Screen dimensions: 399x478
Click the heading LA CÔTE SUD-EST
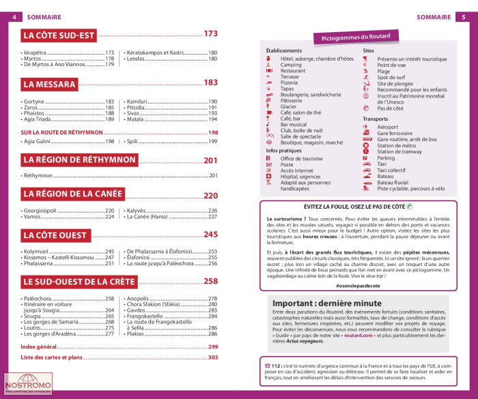tap(61, 34)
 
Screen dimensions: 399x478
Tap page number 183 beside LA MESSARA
tap(210, 83)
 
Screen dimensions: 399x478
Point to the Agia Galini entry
tap(40, 141)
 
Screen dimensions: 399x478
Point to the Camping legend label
tap(291, 65)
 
